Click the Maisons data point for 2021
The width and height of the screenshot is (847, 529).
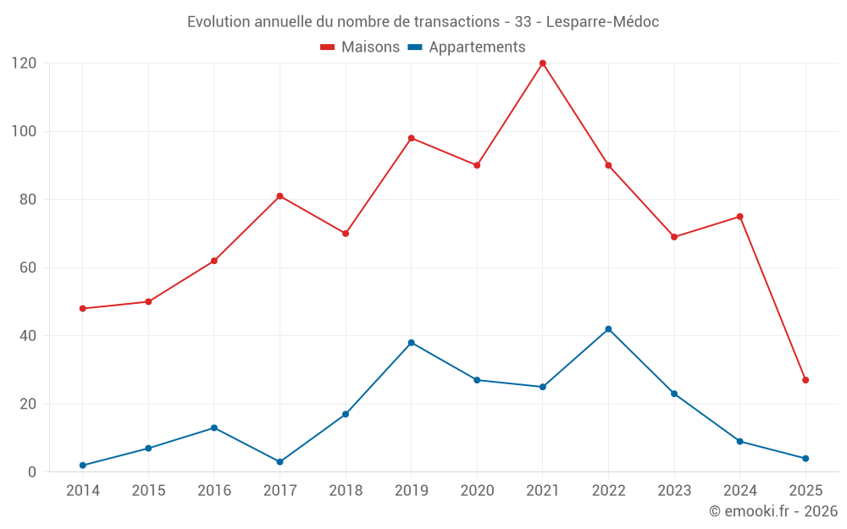point(543,63)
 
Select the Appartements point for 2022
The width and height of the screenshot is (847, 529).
point(608,329)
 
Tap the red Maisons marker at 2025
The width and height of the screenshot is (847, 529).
point(805,380)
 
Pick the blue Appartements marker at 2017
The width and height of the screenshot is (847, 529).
point(280,462)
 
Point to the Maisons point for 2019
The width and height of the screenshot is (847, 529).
point(411,138)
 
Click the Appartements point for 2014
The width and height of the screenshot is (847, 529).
point(83,466)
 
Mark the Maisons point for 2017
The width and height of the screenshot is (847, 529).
point(280,196)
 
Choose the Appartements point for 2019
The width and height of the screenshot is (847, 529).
point(411,343)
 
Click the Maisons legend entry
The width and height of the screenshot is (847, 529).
point(360,47)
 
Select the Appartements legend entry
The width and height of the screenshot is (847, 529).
point(467,47)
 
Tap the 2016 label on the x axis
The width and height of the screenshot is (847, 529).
point(214,491)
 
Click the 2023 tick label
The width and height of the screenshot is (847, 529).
point(674,491)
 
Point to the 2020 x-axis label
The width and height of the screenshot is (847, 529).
point(477,491)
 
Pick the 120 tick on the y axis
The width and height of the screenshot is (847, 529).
point(24,63)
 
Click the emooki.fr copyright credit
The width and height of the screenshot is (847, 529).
point(773,511)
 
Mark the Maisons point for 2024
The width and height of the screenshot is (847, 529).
point(739,217)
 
